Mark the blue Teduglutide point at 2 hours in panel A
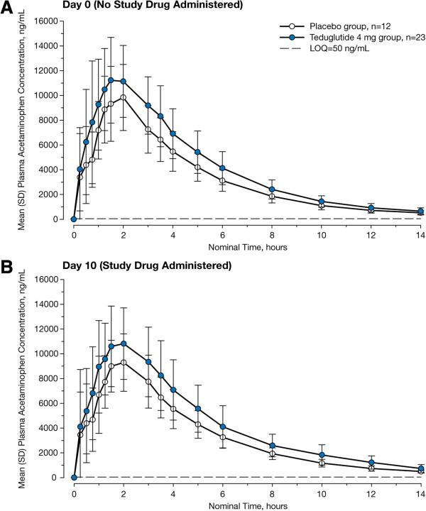tap(124, 81)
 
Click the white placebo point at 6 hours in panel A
tap(222, 180)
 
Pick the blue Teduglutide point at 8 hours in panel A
tap(272, 189)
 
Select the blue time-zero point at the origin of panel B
tap(74, 478)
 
